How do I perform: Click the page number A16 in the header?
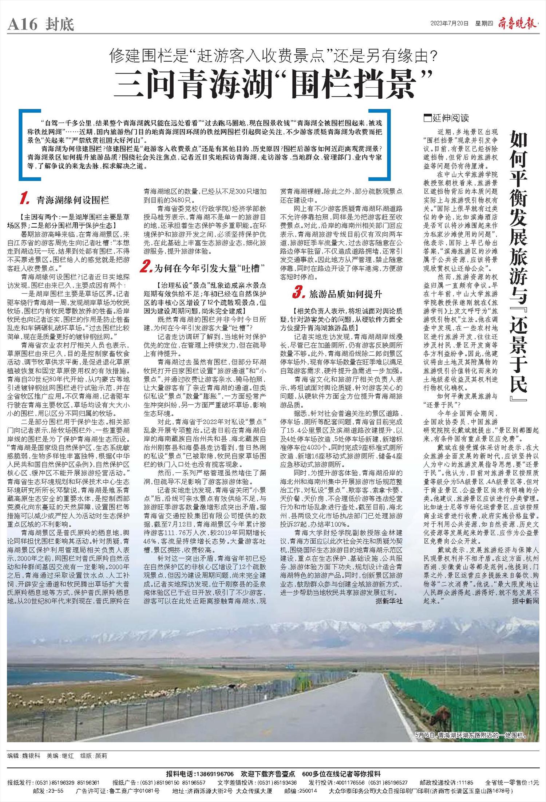click(x=23, y=24)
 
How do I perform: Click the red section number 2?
click(x=146, y=268)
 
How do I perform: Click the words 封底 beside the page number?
click(x=60, y=24)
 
